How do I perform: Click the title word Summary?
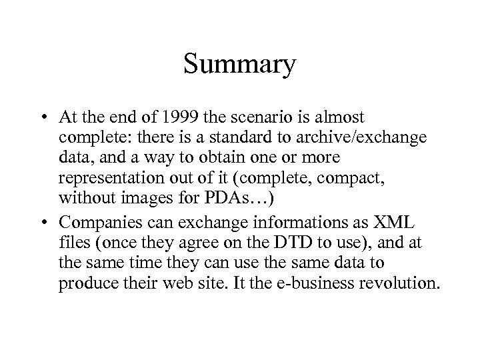[239, 65]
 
